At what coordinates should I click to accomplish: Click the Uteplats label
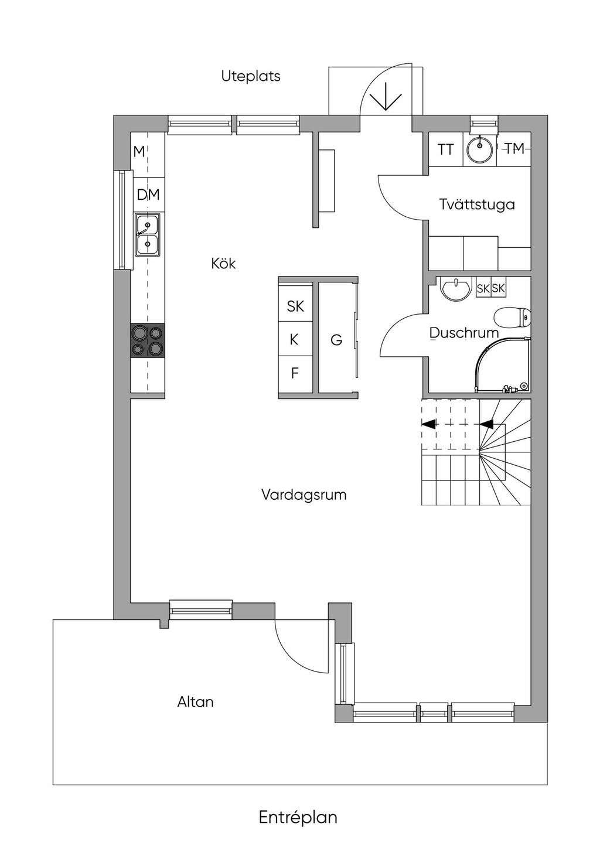coord(251,76)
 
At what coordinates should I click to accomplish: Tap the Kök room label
coord(224,264)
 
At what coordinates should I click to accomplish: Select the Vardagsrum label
coord(304,495)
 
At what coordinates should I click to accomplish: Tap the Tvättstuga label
coord(477,204)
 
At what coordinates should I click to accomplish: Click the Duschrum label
coord(464,333)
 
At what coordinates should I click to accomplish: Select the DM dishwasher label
coord(148,195)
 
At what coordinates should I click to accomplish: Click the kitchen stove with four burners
coord(148,340)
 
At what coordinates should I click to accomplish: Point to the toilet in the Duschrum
coord(513,317)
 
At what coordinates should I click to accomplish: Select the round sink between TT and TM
coord(480,149)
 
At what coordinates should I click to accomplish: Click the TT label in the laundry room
coord(445,149)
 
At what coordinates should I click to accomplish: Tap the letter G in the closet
coord(336,340)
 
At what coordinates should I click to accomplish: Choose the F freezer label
coord(295,373)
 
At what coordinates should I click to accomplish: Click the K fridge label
coord(294,340)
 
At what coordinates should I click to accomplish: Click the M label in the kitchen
coord(139,152)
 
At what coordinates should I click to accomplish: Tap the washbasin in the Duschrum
coord(456,289)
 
